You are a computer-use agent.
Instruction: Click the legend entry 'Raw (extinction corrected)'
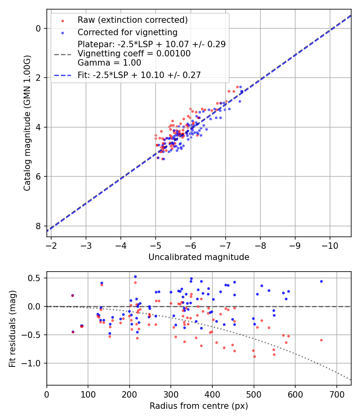[132, 20]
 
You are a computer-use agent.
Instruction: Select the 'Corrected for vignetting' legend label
[127, 32]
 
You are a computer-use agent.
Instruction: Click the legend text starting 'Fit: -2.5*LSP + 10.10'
[139, 75]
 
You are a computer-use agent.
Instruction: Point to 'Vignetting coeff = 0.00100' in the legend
[134, 54]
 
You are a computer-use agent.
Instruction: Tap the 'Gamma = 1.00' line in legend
[109, 62]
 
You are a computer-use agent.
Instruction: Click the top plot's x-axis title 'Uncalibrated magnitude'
[199, 257]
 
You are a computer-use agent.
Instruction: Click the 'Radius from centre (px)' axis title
[199, 406]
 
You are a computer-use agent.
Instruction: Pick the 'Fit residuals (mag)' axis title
[12, 328]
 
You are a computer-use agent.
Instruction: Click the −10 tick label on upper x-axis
[330, 244]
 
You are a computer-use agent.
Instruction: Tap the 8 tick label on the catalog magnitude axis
[38, 226]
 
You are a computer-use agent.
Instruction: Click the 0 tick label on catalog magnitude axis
[38, 28]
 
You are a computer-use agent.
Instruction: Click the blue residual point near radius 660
[321, 281]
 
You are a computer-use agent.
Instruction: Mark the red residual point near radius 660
[321, 340]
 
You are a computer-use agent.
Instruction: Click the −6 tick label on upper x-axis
[190, 244]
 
